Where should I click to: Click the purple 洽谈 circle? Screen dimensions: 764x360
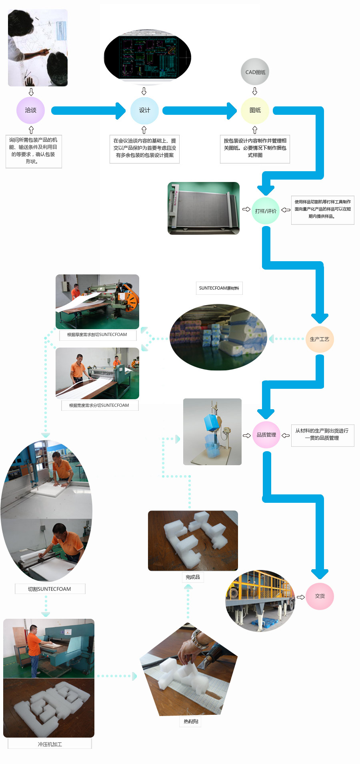pyautogui.click(x=30, y=110)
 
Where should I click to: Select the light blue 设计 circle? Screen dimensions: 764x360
pyautogui.click(x=144, y=110)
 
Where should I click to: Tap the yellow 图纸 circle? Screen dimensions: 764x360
pyautogui.click(x=255, y=110)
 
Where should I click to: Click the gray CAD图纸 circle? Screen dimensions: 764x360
pyautogui.click(x=255, y=72)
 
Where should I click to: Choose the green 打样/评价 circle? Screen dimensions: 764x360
pyautogui.click(x=266, y=211)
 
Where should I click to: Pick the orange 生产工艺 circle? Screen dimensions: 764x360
pyautogui.click(x=319, y=339)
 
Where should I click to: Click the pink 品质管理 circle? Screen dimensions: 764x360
pyautogui.click(x=266, y=435)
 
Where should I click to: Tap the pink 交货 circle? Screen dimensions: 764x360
pyautogui.click(x=320, y=596)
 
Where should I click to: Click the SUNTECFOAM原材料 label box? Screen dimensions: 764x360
pyautogui.click(x=219, y=288)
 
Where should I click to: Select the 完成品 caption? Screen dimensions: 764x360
pyautogui.click(x=193, y=577)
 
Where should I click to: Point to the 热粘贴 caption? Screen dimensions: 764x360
pyautogui.click(x=191, y=722)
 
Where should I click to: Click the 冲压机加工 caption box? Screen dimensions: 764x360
pyautogui.click(x=50, y=744)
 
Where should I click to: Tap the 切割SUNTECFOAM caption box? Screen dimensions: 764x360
pyautogui.click(x=50, y=589)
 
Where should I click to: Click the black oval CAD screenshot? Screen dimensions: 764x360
pyautogui.click(x=147, y=57)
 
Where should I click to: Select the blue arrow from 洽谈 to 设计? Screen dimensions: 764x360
pyautogui.click(x=88, y=110)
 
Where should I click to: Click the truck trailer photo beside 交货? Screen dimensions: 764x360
pyautogui.click(x=260, y=601)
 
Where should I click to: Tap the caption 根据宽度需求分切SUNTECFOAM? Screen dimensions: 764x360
pyautogui.click(x=99, y=406)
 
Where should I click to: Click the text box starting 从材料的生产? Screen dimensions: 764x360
pyautogui.click(x=322, y=434)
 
